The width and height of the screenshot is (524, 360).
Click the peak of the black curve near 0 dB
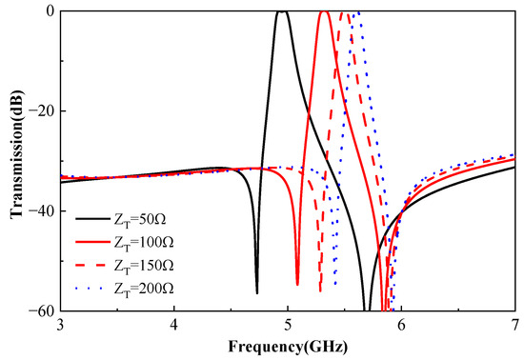[x=281, y=11]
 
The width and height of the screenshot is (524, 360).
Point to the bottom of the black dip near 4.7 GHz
[x=256, y=291]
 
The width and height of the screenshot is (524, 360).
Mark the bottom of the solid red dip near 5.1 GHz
[x=297, y=284]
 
